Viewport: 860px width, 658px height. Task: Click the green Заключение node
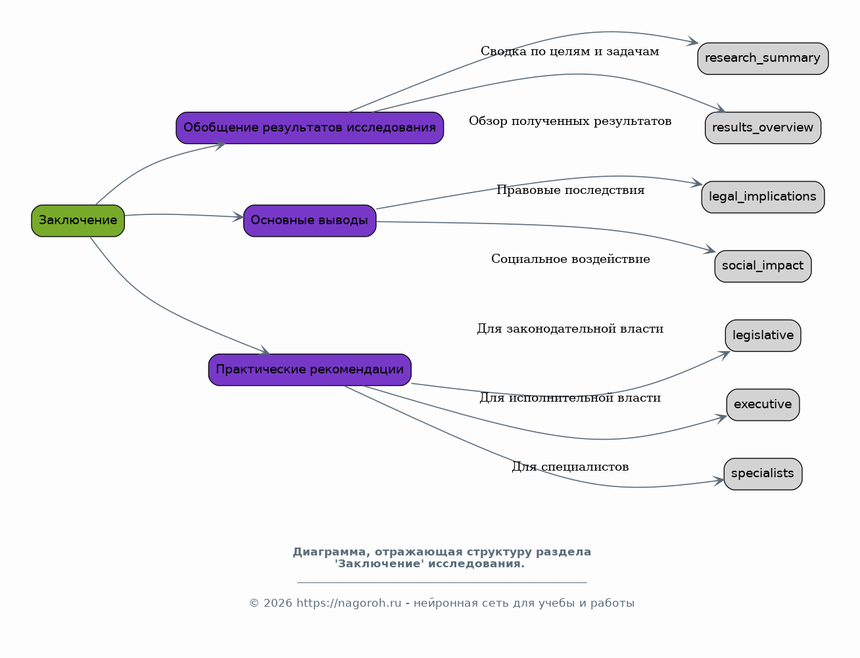point(78,220)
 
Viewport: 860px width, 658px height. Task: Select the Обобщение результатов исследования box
point(310,128)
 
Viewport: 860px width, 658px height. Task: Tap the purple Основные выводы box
point(310,220)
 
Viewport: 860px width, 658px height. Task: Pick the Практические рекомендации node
point(310,369)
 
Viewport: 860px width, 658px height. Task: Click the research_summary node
point(763,59)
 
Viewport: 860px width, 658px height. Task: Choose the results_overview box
point(763,128)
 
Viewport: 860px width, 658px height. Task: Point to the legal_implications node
point(763,197)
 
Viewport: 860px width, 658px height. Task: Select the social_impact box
point(763,266)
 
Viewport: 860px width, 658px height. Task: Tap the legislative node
point(763,336)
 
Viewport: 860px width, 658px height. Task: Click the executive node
point(763,404)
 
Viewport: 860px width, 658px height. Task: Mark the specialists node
point(763,474)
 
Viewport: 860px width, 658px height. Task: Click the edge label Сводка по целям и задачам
point(569,51)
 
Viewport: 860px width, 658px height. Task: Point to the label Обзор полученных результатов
point(570,121)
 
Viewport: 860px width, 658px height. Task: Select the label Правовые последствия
point(570,190)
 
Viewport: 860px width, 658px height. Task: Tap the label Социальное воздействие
point(571,259)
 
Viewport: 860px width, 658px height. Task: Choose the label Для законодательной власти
point(570,328)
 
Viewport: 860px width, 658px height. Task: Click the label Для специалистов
point(570,467)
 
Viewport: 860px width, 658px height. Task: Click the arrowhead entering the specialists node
point(719,481)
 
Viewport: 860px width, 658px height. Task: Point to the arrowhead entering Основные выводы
point(238,216)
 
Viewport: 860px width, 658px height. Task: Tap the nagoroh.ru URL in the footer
point(348,603)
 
